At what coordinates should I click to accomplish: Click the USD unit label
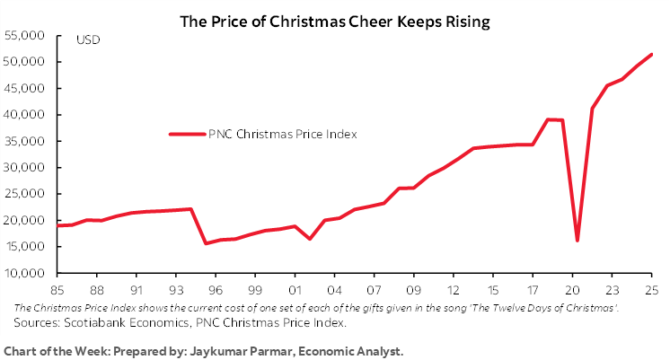(88, 40)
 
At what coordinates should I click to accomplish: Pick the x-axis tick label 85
(57, 290)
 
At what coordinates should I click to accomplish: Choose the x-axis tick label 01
(295, 290)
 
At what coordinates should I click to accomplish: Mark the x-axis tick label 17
(533, 290)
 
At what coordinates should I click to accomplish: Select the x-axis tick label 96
(216, 290)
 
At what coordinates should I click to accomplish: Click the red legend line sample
(187, 135)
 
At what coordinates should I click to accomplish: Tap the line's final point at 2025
(651, 55)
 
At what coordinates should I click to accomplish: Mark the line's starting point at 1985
(58, 225)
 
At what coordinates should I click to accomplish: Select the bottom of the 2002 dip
(309, 239)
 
